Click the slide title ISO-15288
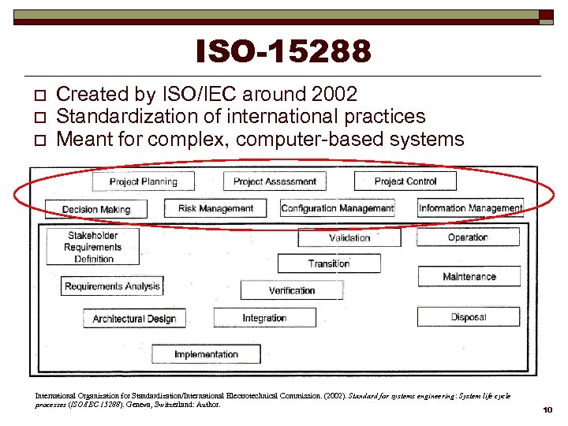(x=284, y=52)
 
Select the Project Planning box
(x=143, y=181)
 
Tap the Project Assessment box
(x=275, y=181)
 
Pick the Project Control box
(x=405, y=181)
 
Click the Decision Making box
(x=96, y=209)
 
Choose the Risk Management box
(x=215, y=208)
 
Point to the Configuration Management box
(x=338, y=208)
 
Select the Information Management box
(x=470, y=208)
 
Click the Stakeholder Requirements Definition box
(x=93, y=247)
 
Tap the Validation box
(x=349, y=237)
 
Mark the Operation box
(x=468, y=237)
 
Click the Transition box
(x=329, y=263)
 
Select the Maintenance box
(x=469, y=276)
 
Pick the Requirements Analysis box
(x=112, y=286)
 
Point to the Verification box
(x=291, y=290)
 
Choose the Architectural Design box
(x=134, y=319)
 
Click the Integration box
(x=264, y=318)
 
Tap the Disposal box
(x=469, y=317)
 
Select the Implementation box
(x=206, y=354)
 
